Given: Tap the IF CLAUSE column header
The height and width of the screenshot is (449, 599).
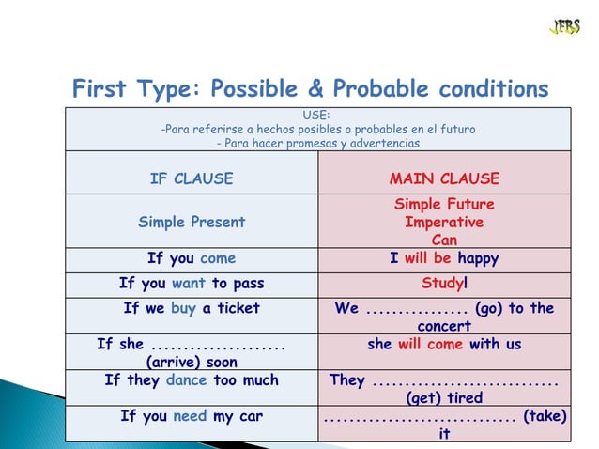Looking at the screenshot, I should [192, 178].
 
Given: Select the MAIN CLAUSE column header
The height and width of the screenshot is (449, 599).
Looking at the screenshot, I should [444, 178].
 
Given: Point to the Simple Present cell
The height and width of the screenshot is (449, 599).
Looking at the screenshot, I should [192, 223].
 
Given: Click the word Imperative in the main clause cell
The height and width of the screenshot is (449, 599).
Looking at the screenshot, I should [444, 223].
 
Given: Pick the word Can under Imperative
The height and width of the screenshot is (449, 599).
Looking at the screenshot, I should [444, 240].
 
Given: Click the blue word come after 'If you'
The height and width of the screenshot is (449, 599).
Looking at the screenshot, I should [217, 258].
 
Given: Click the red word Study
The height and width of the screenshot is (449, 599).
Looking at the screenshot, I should [441, 283].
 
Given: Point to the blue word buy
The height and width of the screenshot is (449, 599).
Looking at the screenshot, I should [183, 308].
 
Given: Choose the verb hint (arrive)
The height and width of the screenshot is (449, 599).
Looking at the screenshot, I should [192, 362].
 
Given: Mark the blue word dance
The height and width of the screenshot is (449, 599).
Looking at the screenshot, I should [185, 380].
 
